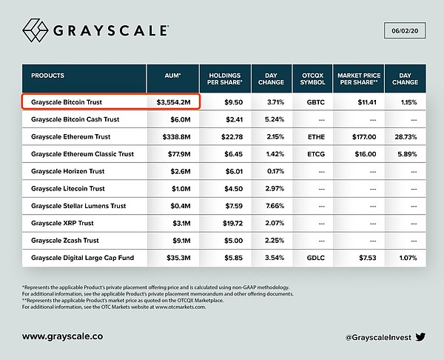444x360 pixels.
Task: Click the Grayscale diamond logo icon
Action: (x=38, y=33)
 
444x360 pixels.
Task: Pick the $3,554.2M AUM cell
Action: (x=175, y=100)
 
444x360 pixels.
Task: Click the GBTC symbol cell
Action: (x=310, y=100)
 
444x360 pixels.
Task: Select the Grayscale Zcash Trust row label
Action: (x=65, y=240)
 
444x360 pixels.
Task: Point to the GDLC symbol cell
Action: (x=310, y=258)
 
